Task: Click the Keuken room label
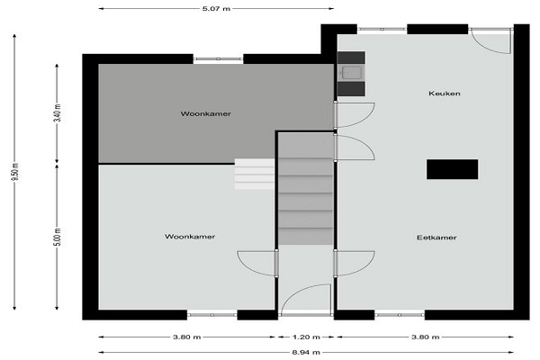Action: click(x=445, y=94)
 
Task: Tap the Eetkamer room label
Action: click(x=436, y=238)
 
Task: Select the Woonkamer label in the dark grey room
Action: click(x=205, y=113)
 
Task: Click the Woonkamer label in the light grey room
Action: click(x=190, y=237)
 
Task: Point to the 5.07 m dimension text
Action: click(x=216, y=9)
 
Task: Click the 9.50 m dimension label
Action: click(x=14, y=172)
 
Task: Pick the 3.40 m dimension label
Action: click(x=58, y=112)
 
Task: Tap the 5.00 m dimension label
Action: click(x=58, y=237)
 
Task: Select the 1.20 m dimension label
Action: click(x=306, y=337)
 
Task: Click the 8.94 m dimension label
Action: click(x=306, y=352)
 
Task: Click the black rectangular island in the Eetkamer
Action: click(x=452, y=169)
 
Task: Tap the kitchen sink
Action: click(x=351, y=73)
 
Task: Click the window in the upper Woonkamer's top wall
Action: click(x=218, y=58)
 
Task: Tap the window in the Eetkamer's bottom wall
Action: click(x=400, y=315)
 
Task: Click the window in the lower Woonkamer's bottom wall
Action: click(x=212, y=315)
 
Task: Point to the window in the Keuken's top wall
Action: click(x=382, y=30)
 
